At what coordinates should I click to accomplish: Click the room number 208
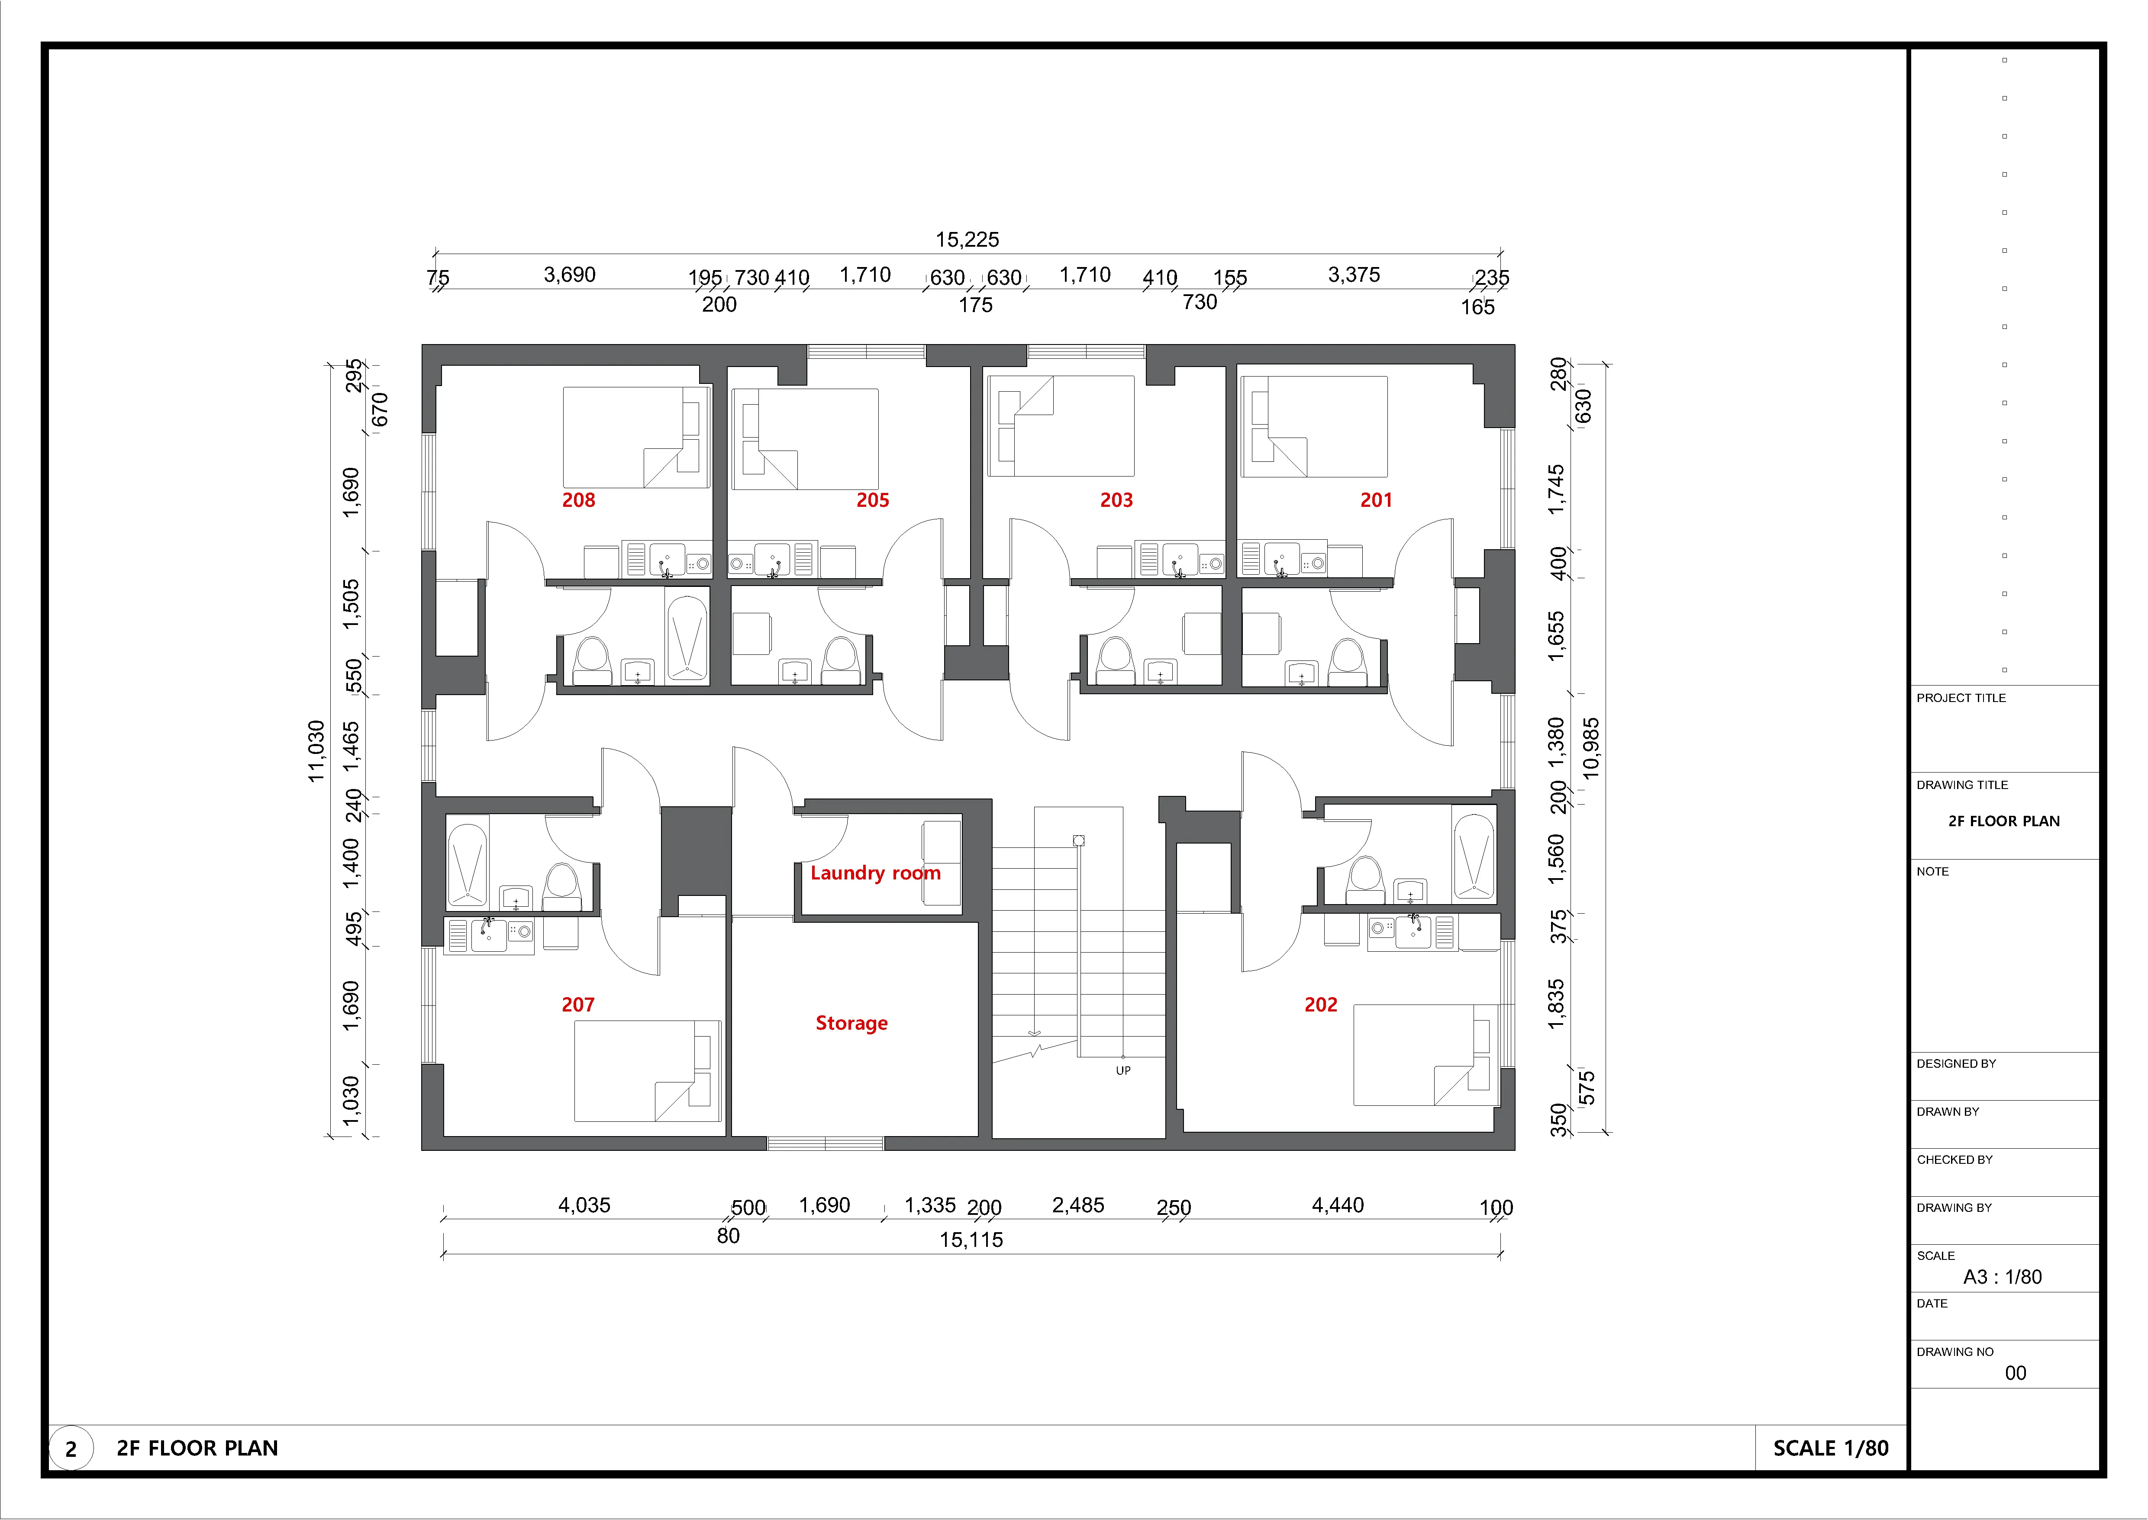coord(578,500)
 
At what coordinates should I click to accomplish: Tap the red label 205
coord(872,500)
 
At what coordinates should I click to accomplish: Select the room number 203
coord(1116,500)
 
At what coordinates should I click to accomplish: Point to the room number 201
coord(1376,500)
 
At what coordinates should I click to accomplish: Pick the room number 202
coord(1321,1004)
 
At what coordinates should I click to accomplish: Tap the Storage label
coord(852,1023)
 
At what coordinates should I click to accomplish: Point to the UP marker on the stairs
coord(1123,1070)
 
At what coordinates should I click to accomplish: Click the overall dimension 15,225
coord(968,240)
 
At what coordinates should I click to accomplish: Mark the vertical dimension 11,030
coord(316,750)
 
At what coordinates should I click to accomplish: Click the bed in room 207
coord(648,1071)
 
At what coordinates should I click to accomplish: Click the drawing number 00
coord(2015,1373)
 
